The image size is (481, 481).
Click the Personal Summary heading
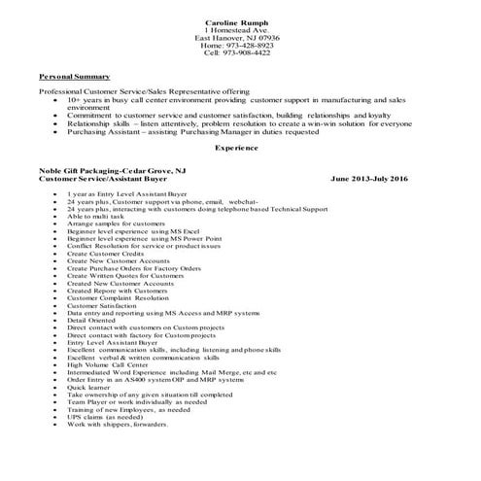coord(74,76)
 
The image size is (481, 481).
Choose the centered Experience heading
coord(237,148)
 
